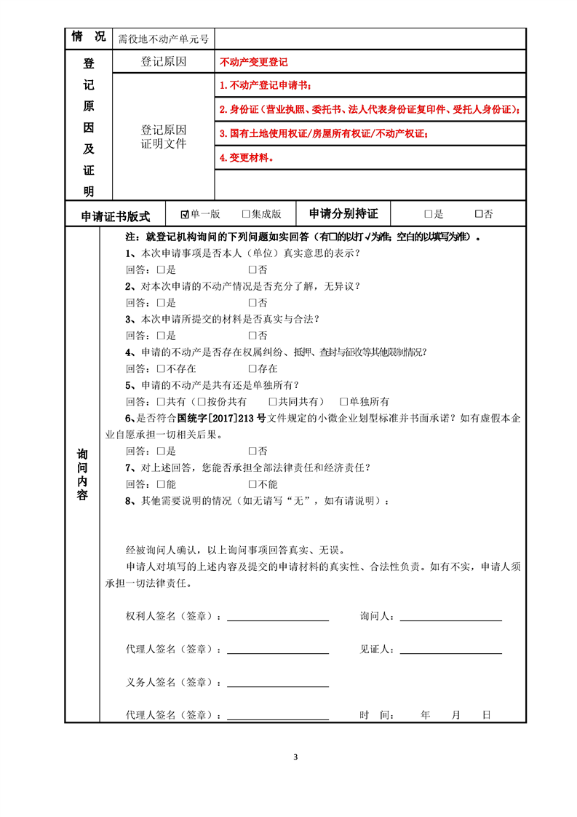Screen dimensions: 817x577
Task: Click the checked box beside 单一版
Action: point(185,214)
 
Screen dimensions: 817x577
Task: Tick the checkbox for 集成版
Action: point(246,214)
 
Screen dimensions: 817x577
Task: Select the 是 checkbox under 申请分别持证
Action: point(429,214)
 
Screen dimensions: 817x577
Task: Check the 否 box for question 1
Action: point(252,269)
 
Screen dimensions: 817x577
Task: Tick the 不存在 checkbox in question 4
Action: point(161,368)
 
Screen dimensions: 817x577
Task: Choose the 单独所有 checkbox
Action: point(344,402)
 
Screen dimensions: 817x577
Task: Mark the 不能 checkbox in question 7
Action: point(252,484)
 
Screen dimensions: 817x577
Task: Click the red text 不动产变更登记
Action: point(253,63)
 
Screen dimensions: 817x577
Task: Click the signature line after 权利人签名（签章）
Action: point(278,619)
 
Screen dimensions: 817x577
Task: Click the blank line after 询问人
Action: point(451,619)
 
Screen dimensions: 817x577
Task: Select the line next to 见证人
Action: point(451,652)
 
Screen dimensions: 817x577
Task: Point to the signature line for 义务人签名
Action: point(278,685)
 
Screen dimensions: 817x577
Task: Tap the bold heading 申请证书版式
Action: point(116,216)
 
